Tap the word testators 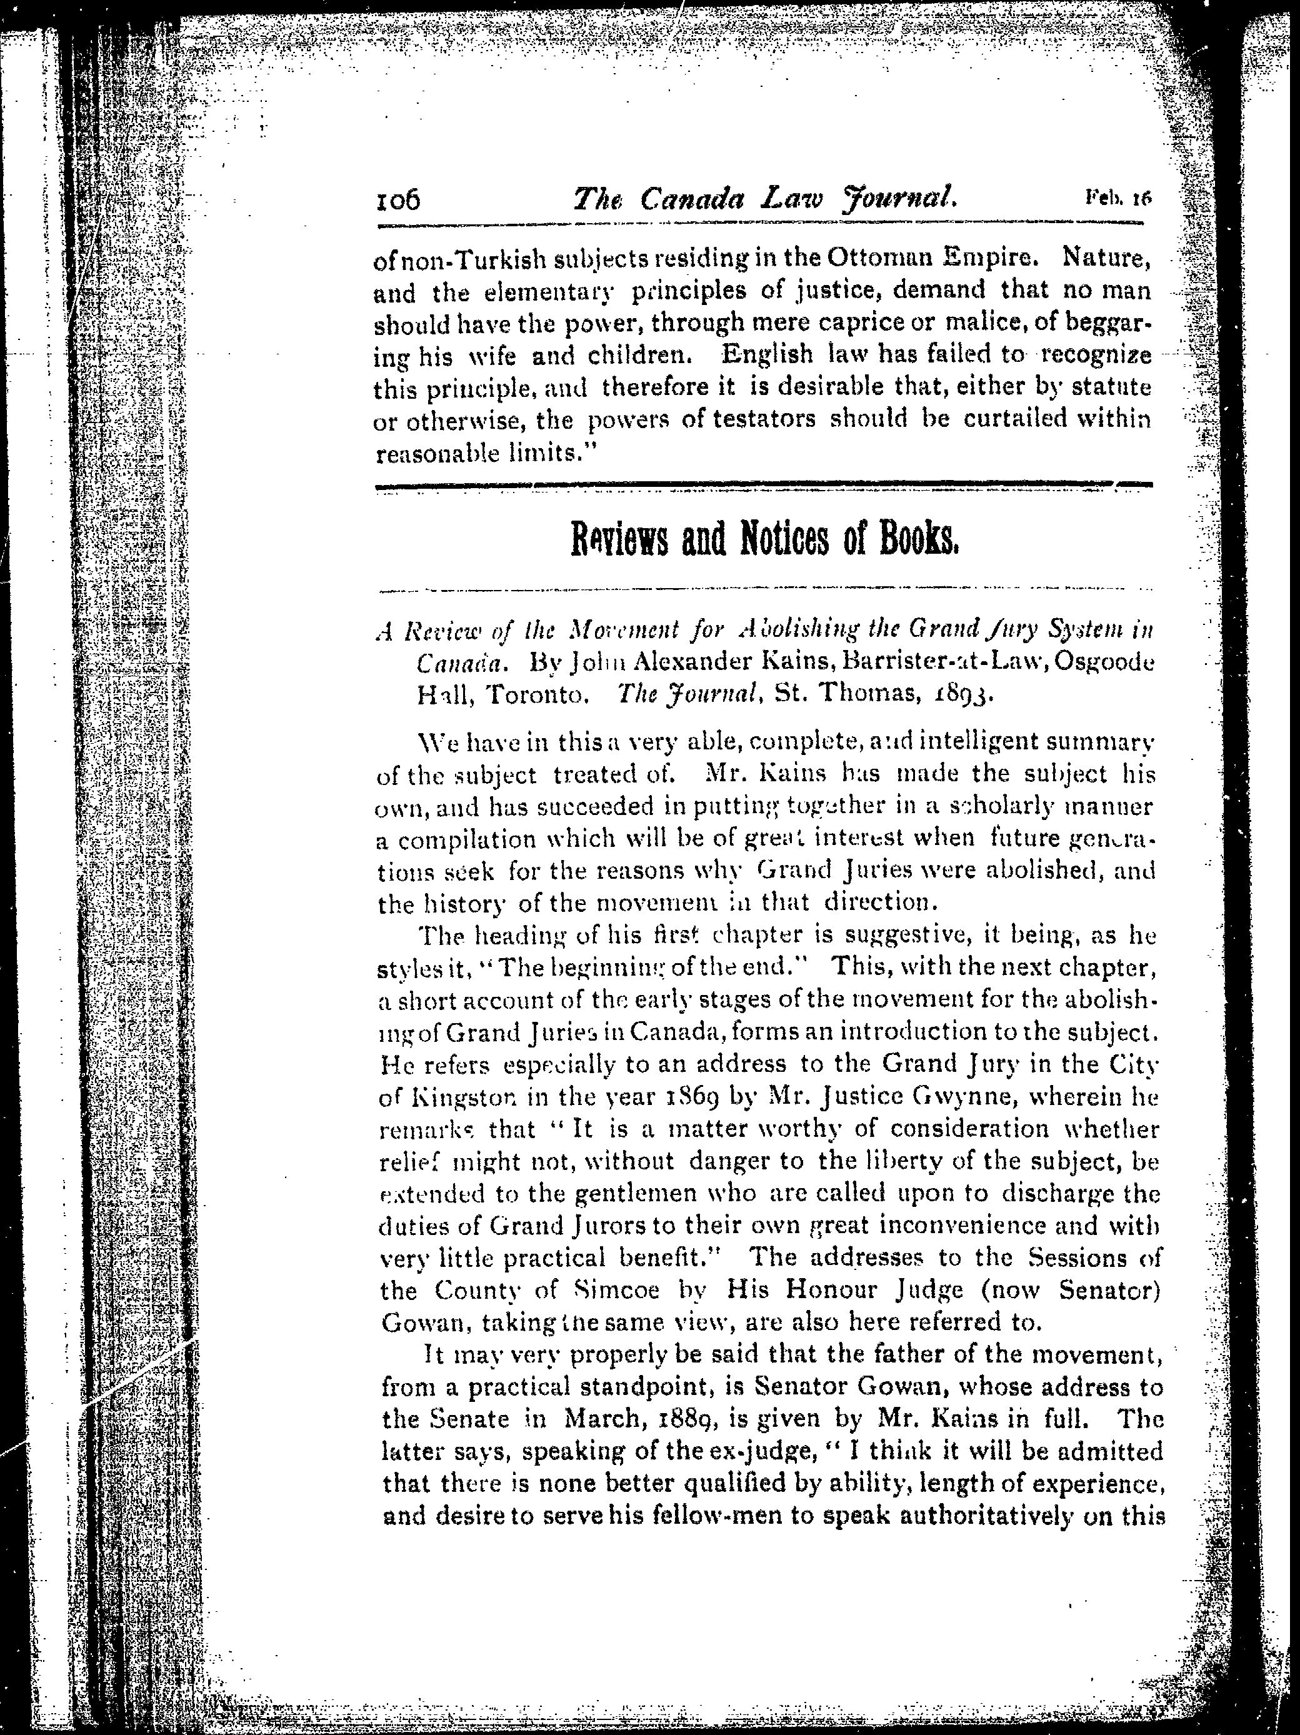[x=764, y=419]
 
